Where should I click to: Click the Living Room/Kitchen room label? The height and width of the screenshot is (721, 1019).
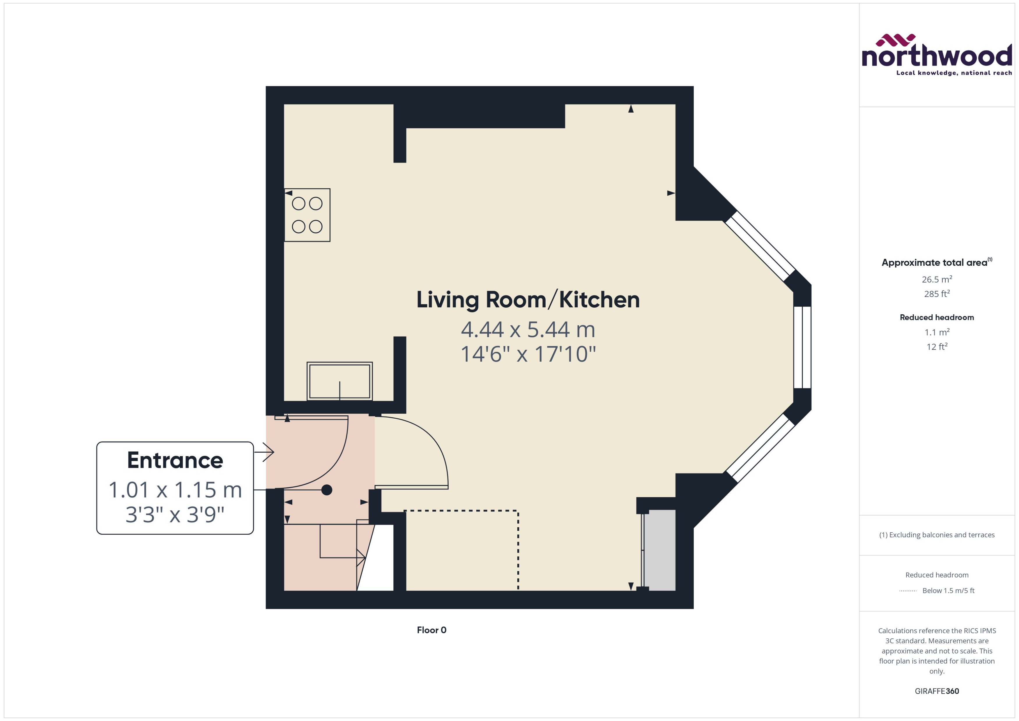[x=528, y=300]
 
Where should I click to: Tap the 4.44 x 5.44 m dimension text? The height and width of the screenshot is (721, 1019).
[x=528, y=330]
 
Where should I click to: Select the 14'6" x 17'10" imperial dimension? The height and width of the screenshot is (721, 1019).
[x=528, y=354]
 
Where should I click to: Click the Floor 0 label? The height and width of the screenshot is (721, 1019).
[x=431, y=630]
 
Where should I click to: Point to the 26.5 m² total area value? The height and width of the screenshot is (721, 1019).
[x=937, y=279]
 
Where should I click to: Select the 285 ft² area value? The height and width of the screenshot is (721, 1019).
[x=937, y=294]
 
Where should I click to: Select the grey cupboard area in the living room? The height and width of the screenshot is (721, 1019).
[x=660, y=550]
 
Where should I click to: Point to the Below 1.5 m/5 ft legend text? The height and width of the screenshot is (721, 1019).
[x=949, y=591]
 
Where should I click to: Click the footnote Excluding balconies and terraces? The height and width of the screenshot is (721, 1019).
[x=937, y=535]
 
